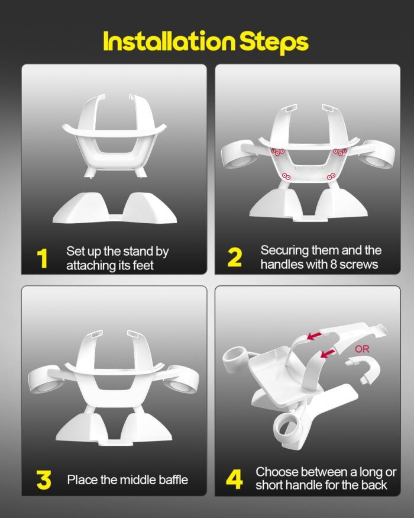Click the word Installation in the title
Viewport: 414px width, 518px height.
[x=169, y=41]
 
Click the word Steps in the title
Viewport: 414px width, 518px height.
[x=274, y=43]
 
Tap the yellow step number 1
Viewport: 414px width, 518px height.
[x=42, y=258]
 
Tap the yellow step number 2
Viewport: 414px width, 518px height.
[x=234, y=258]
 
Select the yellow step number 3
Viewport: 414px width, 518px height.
[x=44, y=480]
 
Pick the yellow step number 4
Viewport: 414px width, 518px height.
[x=234, y=480]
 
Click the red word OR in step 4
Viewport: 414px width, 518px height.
[x=362, y=349]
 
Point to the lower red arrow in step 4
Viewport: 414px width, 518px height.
[x=328, y=353]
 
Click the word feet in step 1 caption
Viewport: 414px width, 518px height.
[x=143, y=265]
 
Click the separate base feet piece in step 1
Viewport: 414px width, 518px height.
[x=115, y=208]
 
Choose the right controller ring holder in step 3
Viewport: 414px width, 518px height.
[x=183, y=381]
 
